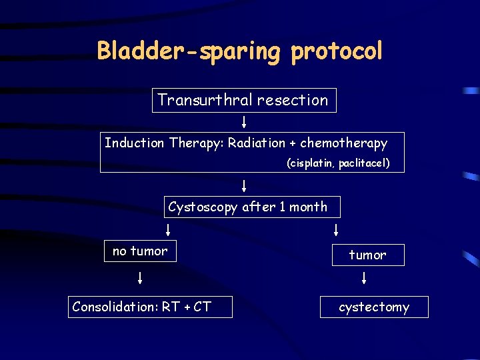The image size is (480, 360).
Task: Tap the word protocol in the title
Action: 337,51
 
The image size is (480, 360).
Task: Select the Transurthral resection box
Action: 244,101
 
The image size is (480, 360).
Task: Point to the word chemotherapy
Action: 344,143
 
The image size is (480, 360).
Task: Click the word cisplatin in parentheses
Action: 313,163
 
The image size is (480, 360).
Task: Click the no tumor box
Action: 140,251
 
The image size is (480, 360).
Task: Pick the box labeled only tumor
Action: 368,255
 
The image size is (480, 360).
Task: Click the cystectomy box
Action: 374,307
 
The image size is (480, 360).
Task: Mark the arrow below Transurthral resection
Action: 245,122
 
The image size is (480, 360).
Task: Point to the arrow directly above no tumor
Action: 167,230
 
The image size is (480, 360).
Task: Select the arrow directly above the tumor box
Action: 335,230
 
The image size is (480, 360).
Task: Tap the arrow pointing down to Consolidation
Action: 140,277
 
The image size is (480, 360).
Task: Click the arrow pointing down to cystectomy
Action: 365,277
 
